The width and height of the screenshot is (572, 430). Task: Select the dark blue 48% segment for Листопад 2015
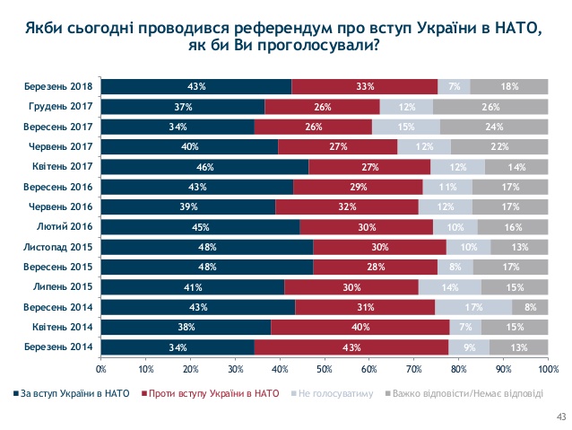pos(207,247)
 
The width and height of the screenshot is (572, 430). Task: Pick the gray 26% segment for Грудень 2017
pos(490,107)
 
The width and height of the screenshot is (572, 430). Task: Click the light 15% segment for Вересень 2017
pos(406,127)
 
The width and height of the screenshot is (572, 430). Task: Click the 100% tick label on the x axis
pos(548,369)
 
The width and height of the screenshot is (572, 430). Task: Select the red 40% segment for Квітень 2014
pos(360,327)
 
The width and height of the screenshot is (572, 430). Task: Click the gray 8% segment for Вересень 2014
pos(530,307)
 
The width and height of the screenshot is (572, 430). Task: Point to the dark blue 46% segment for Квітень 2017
pos(204,167)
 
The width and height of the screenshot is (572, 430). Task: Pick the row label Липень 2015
pos(68,287)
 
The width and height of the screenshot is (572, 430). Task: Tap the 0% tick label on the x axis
pos(101,369)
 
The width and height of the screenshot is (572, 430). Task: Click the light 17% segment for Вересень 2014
pos(473,307)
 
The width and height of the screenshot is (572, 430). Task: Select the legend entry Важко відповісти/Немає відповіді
pos(469,393)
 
